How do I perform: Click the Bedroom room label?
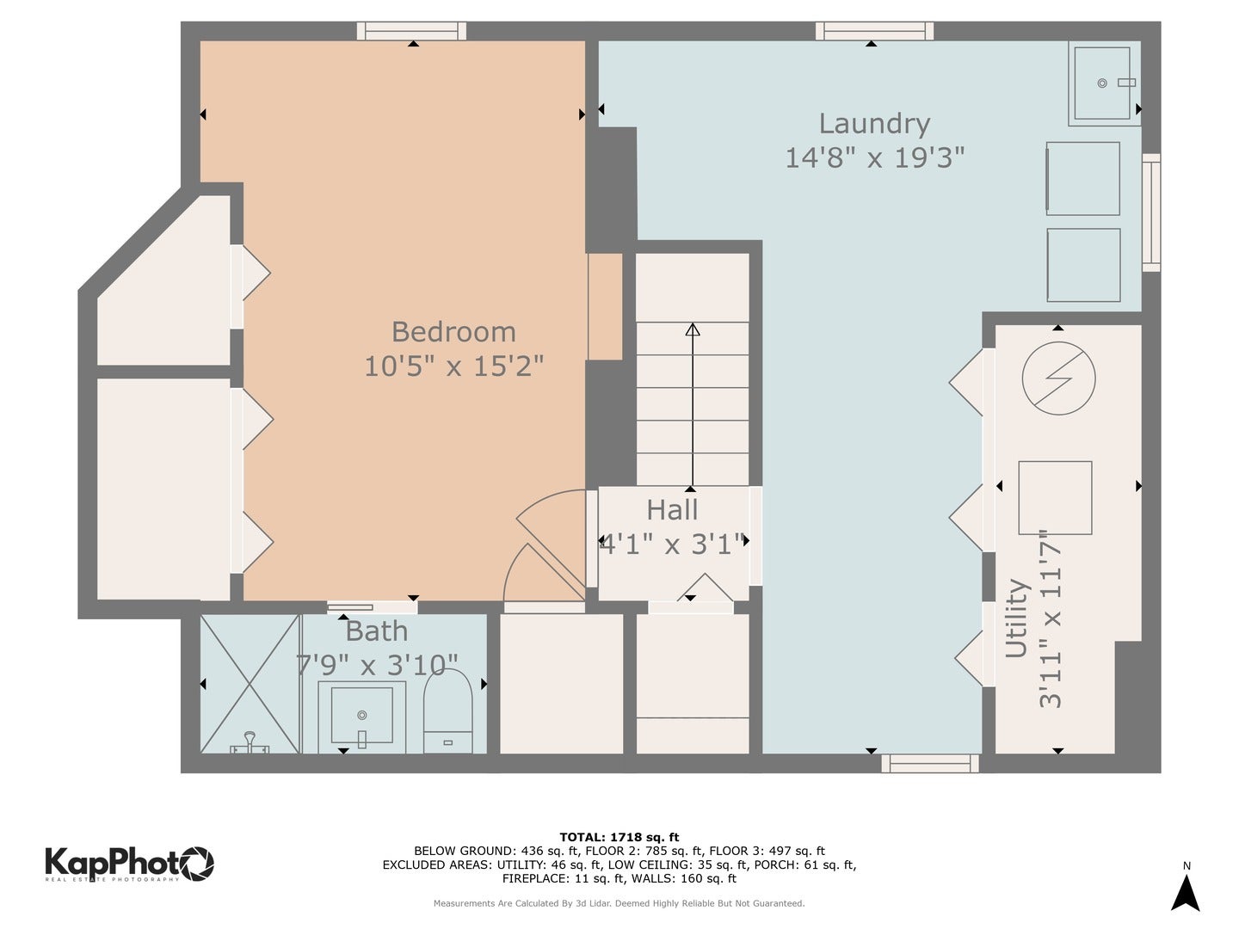453,332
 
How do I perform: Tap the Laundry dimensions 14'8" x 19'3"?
874,158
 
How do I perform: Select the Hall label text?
672,510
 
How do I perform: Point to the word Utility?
1017,618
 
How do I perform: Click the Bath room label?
377,631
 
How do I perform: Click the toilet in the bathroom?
447,711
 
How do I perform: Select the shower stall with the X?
250,684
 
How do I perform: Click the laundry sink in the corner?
1101,83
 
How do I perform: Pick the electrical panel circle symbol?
1058,378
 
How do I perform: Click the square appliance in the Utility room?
1055,498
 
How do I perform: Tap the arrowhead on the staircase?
693,329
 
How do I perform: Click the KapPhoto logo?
129,863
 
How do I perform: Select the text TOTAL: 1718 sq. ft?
619,837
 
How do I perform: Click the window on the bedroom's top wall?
412,32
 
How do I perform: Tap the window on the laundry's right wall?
1150,212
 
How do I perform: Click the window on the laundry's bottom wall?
930,763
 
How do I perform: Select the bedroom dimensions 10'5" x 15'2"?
453,366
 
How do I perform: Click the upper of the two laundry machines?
1083,179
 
